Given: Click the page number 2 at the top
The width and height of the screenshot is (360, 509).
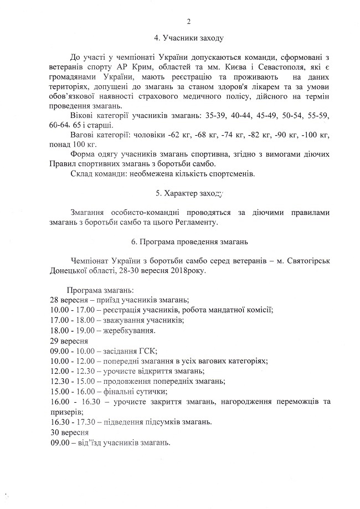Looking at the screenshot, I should click(x=188, y=22).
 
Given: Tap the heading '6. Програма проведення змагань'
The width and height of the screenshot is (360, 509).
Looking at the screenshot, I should click(x=188, y=242).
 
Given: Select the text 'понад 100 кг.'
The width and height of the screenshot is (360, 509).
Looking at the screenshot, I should click(x=70, y=144).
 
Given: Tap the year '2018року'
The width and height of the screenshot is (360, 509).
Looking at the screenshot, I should click(x=192, y=271).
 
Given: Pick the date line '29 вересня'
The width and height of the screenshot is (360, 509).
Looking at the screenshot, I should click(x=69, y=341).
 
